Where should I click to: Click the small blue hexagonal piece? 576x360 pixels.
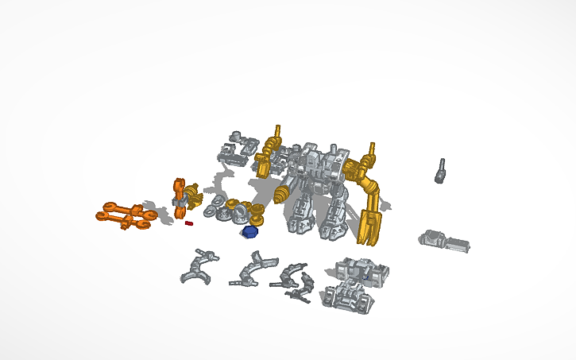pyautogui.click(x=250, y=231)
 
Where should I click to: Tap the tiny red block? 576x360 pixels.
pyautogui.click(x=188, y=223)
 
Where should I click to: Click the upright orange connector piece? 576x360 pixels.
pyautogui.click(x=180, y=195)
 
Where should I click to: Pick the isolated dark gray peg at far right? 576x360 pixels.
pyautogui.click(x=439, y=171)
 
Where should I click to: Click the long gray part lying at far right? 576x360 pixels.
pyautogui.click(x=445, y=240)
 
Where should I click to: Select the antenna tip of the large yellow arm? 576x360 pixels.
pyautogui.click(x=369, y=149)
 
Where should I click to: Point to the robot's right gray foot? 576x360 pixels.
pyautogui.click(x=333, y=226)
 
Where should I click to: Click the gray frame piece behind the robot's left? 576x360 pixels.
pyautogui.click(x=238, y=149)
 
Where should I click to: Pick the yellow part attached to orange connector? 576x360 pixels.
pyautogui.click(x=193, y=196)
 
